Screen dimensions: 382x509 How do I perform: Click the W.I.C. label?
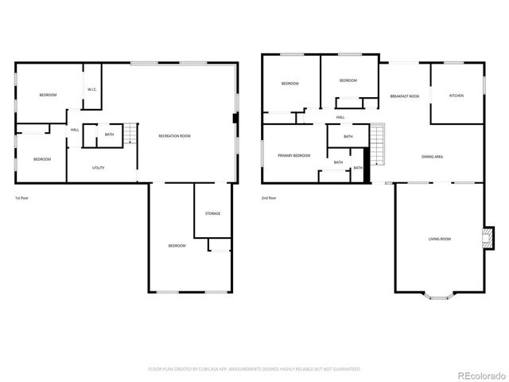(x=92, y=89)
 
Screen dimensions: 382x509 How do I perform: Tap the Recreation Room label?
(x=174, y=136)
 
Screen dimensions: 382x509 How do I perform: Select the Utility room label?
(x=99, y=168)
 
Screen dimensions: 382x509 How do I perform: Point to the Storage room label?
(x=212, y=213)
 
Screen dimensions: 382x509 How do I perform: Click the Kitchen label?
(x=456, y=95)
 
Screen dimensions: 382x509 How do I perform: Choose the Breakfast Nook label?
(x=404, y=95)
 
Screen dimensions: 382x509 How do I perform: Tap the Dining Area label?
(x=432, y=157)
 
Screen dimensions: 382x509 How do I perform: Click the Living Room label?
(x=439, y=239)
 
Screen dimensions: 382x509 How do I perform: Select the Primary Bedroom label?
(x=293, y=156)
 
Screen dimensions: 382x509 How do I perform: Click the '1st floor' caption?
(x=21, y=197)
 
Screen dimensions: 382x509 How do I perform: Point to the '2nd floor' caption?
(x=268, y=197)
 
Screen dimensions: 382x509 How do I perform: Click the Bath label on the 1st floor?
(x=109, y=134)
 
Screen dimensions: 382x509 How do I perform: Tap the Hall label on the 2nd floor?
(x=340, y=117)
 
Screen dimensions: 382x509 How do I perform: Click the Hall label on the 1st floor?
(x=75, y=130)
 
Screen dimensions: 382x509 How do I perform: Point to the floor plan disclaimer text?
(x=254, y=369)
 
